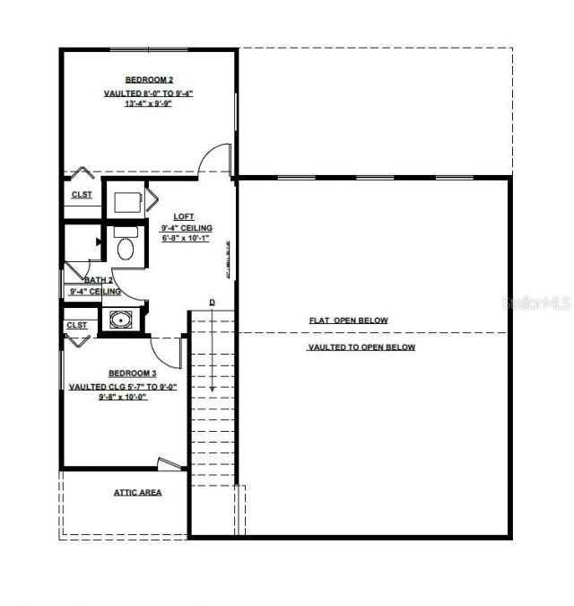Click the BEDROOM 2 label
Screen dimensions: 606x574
pos(149,80)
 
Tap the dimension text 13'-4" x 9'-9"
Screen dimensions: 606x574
pos(148,103)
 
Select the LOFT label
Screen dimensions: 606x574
pos(184,216)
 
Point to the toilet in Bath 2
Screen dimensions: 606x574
pos(126,246)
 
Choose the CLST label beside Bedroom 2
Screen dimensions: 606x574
pos(82,195)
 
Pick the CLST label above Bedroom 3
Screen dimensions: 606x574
pos(76,325)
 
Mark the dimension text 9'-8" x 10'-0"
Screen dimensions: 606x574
pos(123,395)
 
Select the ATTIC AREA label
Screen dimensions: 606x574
pos(137,492)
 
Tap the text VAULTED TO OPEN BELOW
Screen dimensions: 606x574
pos(361,347)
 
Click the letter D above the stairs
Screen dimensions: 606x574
pos(213,302)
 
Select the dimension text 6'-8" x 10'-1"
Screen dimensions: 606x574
pos(187,239)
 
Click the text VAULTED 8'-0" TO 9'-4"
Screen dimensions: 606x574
pos(148,92)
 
